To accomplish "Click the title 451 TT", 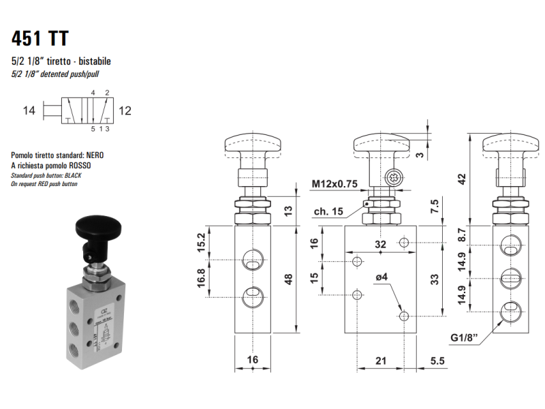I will pos(40,38).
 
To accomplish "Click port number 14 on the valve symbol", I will pos(28,109).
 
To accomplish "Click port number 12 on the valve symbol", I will pos(125,109).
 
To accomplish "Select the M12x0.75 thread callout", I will pos(334,184).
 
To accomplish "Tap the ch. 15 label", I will pos(328,212).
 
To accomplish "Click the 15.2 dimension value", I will pos(201,242).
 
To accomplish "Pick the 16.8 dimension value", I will pos(201,277).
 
